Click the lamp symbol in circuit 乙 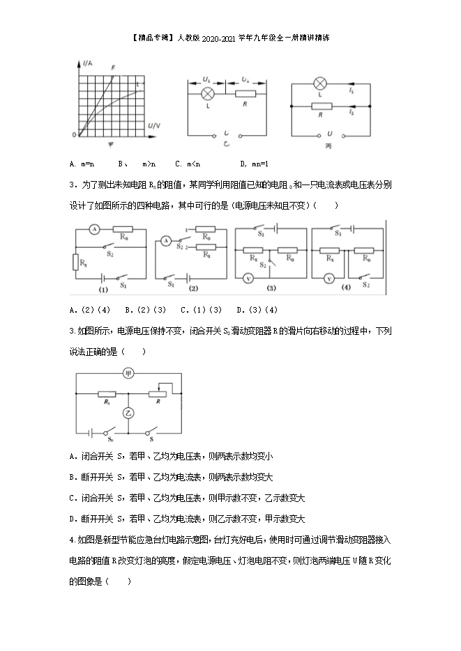click(x=207, y=93)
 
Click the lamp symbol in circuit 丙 click(x=322, y=82)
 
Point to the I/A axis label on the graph click(x=87, y=63)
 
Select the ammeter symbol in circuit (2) click(x=166, y=241)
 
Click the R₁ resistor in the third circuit click(x=107, y=393)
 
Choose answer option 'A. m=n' click(x=83, y=164)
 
